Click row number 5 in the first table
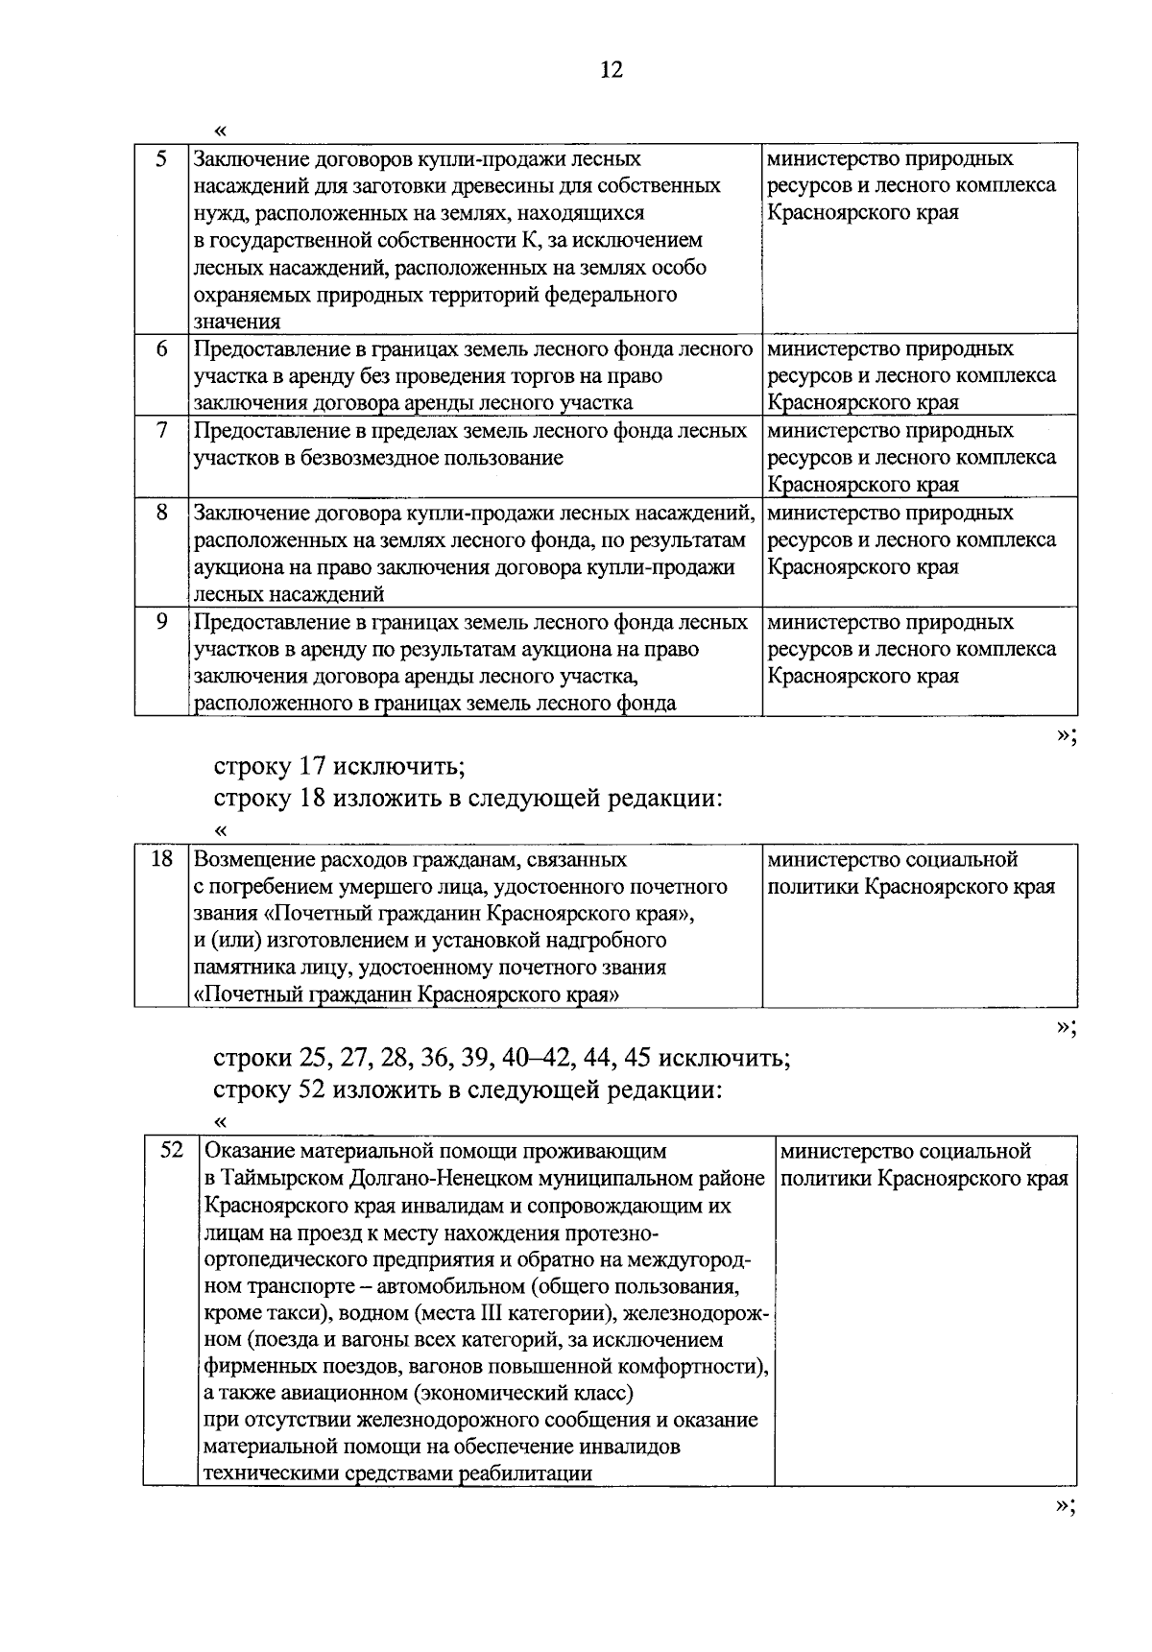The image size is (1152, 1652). coord(161,158)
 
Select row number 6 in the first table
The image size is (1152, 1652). coord(161,348)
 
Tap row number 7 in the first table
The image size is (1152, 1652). coord(161,430)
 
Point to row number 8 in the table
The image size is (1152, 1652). coord(161,513)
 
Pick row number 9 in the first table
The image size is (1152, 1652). coord(161,622)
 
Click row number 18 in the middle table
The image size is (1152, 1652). coord(161,859)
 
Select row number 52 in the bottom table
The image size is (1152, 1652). coord(171,1150)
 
